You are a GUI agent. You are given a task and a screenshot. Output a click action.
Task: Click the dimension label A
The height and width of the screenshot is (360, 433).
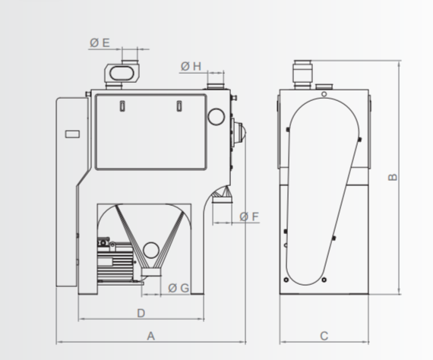point(150,336)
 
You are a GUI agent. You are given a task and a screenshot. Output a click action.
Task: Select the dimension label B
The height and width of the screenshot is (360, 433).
point(393,177)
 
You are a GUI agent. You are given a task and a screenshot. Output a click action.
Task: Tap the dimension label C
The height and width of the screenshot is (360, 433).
point(324,336)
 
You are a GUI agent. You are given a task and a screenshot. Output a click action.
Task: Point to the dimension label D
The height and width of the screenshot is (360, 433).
point(141,313)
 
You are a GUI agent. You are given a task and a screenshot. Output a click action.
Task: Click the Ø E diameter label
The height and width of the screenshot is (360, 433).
point(100,43)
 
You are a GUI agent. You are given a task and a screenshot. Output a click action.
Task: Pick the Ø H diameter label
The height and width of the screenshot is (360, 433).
point(191,66)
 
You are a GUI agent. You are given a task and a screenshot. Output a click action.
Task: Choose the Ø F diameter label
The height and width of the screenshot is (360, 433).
point(249,216)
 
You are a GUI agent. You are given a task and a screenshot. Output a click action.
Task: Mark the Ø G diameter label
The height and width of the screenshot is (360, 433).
point(179,288)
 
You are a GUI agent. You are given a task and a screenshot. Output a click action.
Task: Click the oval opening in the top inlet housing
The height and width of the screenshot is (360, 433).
point(122,73)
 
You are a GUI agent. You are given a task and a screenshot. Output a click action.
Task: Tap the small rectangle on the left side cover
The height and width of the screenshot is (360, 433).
point(72,134)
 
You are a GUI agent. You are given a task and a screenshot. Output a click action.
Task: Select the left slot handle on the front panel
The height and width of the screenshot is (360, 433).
point(122,106)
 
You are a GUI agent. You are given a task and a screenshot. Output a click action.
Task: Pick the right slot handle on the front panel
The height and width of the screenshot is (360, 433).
point(179,106)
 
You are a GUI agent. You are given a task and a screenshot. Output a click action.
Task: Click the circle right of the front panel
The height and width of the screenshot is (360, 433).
point(216,117)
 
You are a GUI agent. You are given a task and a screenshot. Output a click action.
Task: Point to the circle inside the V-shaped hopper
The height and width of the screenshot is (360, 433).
point(151,250)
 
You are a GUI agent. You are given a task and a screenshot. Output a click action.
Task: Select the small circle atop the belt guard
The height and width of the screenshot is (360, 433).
point(324,94)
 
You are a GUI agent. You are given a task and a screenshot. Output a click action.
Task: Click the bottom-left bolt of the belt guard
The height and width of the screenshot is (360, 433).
point(286,280)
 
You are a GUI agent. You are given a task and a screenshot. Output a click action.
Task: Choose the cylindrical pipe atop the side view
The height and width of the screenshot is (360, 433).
point(302,74)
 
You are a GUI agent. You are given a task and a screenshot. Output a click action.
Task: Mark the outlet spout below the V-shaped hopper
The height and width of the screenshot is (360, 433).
point(151,272)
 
